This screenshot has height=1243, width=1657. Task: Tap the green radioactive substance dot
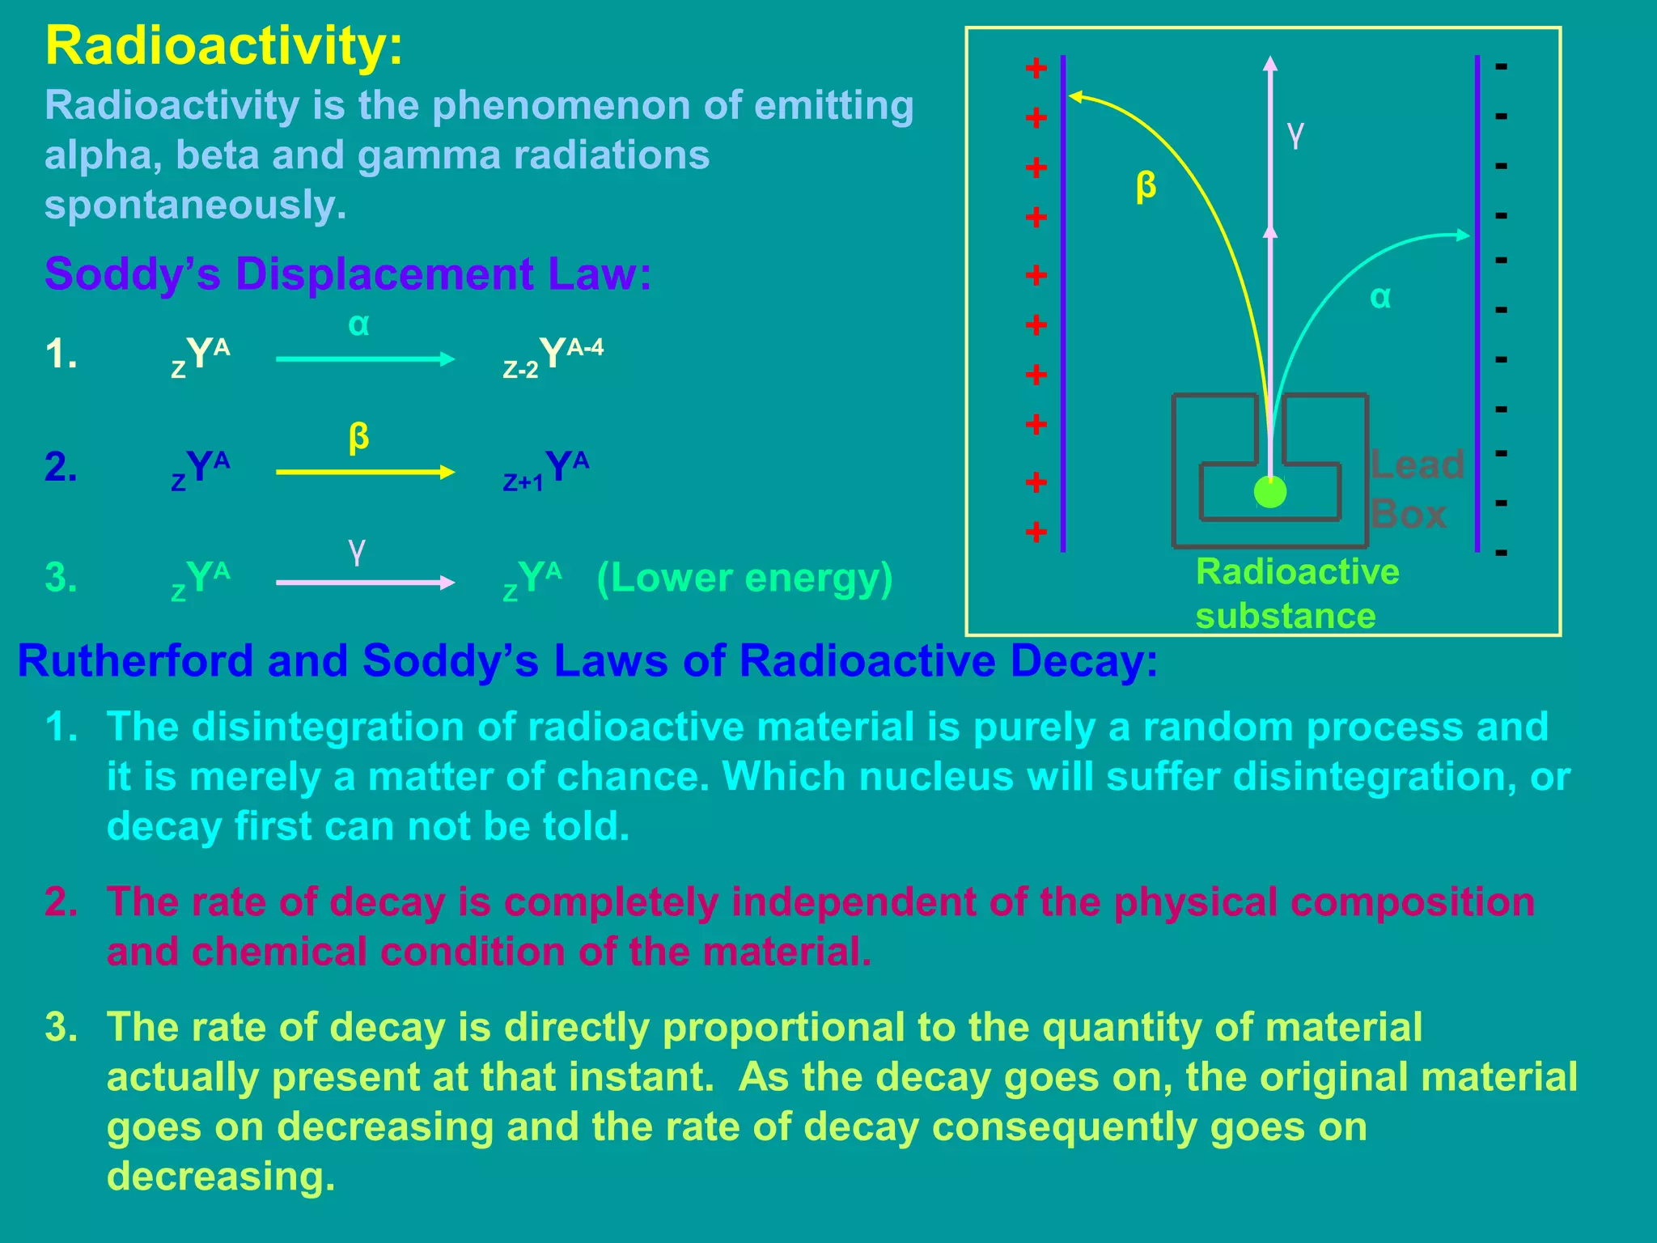click(x=1269, y=492)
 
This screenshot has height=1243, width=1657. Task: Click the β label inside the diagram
click(x=1146, y=185)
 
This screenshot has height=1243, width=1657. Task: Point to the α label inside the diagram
click(x=1380, y=297)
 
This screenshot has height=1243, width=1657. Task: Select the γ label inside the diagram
click(x=1295, y=135)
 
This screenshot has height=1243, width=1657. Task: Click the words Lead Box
click(x=1416, y=489)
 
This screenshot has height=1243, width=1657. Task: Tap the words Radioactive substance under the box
click(x=1296, y=593)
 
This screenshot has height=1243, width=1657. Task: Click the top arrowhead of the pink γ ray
click(x=1270, y=64)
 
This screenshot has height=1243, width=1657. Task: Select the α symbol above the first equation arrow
click(x=358, y=325)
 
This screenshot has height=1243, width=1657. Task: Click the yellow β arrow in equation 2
click(x=364, y=473)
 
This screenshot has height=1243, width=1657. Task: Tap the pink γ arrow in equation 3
click(x=364, y=583)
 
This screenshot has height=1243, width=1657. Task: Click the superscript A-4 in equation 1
click(x=585, y=348)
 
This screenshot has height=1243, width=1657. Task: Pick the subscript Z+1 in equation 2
click(x=523, y=483)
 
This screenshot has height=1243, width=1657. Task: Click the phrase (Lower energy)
click(x=744, y=578)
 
